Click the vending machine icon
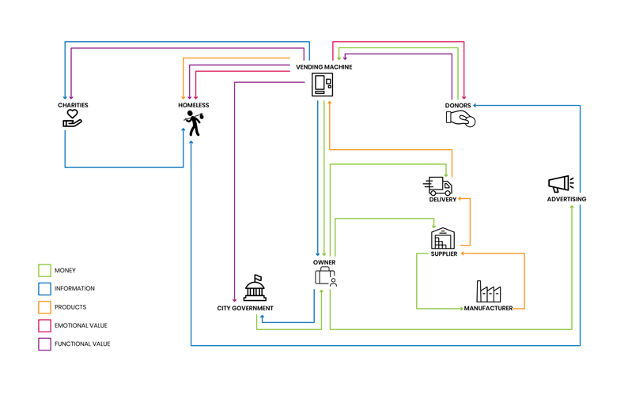(323, 84)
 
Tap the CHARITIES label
(73, 105)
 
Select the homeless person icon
(194, 123)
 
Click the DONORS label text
(458, 106)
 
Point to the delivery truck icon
(437, 186)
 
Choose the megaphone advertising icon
(561, 184)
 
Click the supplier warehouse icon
(443, 238)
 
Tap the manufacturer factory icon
(489, 291)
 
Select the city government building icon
(255, 288)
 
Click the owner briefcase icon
(326, 276)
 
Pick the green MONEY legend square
(44, 271)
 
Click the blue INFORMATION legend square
(44, 289)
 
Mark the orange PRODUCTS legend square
(44, 307)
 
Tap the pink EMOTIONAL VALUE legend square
(44, 325)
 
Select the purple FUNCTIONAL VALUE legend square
(44, 343)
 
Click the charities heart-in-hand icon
(73, 118)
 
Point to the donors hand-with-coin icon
(460, 119)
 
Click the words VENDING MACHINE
(324, 67)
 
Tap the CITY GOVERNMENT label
(245, 308)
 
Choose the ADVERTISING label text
(567, 199)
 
